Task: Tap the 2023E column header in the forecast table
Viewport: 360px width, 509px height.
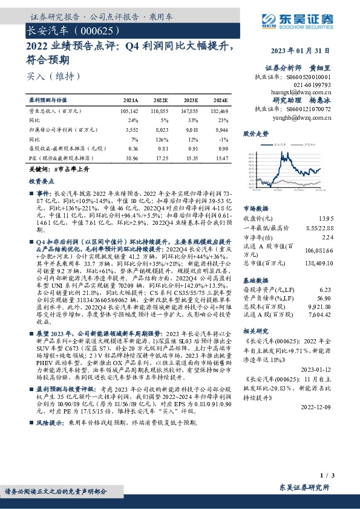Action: pyautogui.click(x=190, y=100)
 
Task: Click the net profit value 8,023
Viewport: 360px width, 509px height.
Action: pyautogui.click(x=160, y=129)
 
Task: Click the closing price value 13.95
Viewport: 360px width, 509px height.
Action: pyautogui.click(x=325, y=218)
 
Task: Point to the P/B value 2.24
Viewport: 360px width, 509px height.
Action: pyautogui.click(x=326, y=237)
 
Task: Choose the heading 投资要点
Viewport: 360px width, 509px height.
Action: pyautogui.click(x=41, y=181)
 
